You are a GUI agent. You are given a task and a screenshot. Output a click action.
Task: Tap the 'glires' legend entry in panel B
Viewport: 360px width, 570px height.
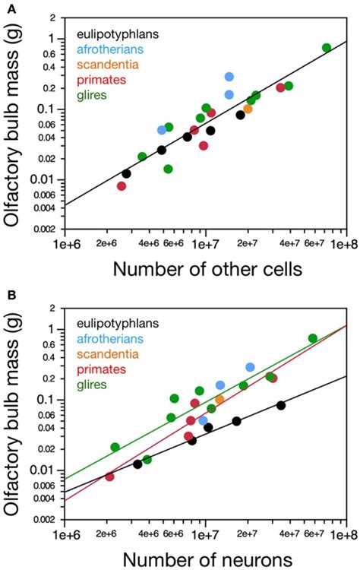click(x=93, y=385)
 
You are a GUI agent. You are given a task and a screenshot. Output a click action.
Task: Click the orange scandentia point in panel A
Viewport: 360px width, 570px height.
click(x=248, y=109)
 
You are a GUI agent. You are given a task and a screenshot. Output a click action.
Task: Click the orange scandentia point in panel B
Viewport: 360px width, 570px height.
click(x=220, y=399)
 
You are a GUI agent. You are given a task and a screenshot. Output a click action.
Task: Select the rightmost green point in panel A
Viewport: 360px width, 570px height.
click(x=327, y=48)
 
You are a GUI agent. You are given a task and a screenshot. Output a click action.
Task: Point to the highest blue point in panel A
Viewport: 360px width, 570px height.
click(x=229, y=77)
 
